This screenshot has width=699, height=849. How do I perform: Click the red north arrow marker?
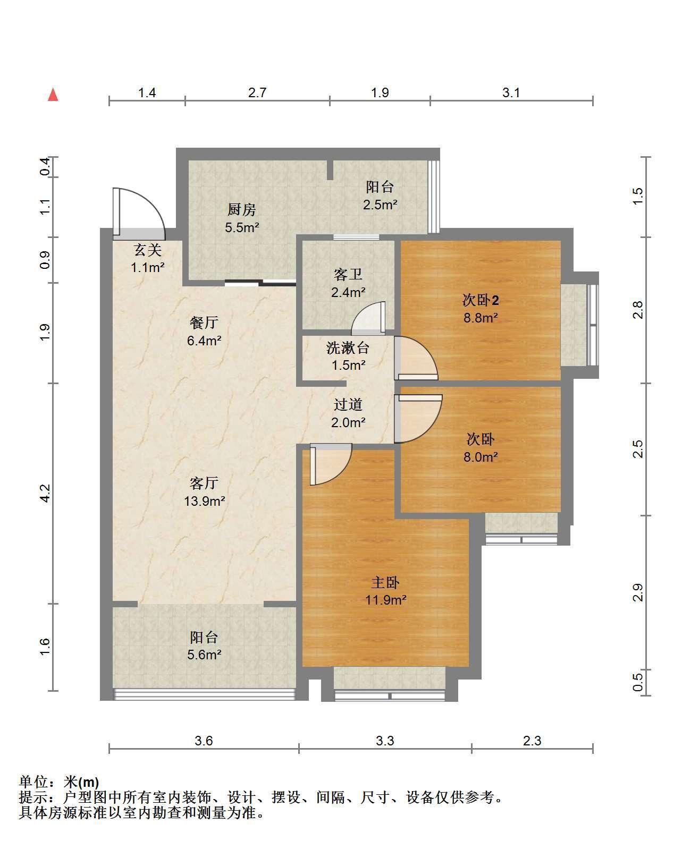coord(53,95)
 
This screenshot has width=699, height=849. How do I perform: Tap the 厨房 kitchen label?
coord(242,210)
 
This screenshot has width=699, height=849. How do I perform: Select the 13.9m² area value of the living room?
coord(204,501)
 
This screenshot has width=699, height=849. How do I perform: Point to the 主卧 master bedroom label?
coord(385,582)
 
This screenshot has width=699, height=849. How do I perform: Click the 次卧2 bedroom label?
coord(481,300)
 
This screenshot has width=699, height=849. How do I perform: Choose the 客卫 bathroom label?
coord(348,275)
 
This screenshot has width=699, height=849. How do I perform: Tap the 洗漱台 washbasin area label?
coord(348,348)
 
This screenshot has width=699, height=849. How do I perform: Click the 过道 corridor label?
coord(348,404)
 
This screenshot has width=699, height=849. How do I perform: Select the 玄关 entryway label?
coord(148,250)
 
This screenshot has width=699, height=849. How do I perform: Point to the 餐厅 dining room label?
coord(204,322)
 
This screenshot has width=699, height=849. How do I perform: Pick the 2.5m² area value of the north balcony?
coord(380,205)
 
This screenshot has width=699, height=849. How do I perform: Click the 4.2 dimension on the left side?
coord(45,493)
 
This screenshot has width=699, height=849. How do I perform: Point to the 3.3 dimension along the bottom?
coord(385,741)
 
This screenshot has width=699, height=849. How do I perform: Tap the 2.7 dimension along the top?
coord(257,92)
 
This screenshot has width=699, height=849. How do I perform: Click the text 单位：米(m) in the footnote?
coord(59,782)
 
